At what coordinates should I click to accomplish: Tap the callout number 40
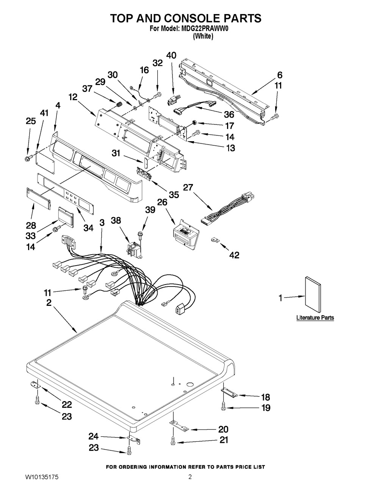[171, 55]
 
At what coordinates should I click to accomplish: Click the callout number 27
[188, 188]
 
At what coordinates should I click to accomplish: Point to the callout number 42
[234, 255]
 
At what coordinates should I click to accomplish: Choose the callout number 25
[31, 121]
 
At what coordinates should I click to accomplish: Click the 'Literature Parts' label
[315, 318]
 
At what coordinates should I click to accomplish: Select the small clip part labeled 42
[216, 240]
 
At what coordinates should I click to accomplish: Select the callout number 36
[229, 114]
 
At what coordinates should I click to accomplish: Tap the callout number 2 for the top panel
[49, 302]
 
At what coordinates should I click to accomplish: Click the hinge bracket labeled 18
[230, 393]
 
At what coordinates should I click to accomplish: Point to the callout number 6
[280, 75]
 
